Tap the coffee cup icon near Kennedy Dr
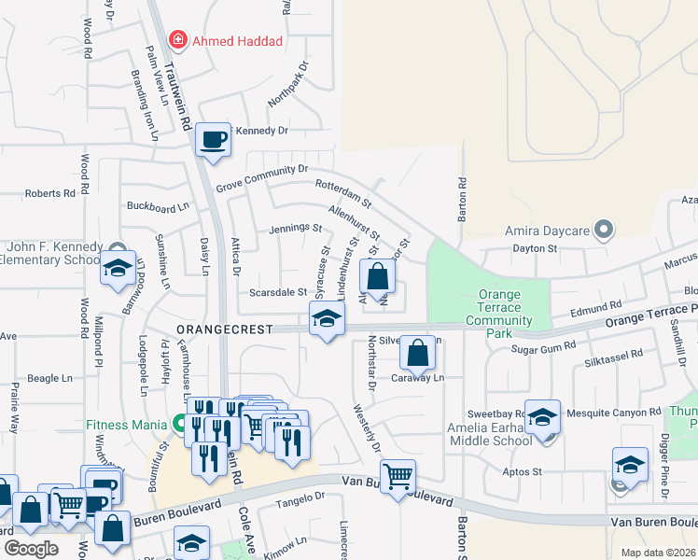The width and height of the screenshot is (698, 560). click(x=214, y=139)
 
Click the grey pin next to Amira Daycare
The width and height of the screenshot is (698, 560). click(x=604, y=229)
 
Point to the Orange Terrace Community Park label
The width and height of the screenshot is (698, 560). click(x=498, y=307)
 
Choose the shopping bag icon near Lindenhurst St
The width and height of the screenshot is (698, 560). click(x=377, y=276)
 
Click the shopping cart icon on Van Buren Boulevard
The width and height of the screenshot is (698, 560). click(x=398, y=476)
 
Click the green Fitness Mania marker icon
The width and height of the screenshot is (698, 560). click(x=175, y=423)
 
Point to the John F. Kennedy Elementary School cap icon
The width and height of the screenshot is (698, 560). click(x=119, y=268)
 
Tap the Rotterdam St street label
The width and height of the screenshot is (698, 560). click(x=343, y=193)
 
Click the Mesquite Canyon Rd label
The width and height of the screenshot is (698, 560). click(x=614, y=413)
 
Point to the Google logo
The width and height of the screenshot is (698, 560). click(x=30, y=548)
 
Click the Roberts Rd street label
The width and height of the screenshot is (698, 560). click(x=49, y=193)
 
